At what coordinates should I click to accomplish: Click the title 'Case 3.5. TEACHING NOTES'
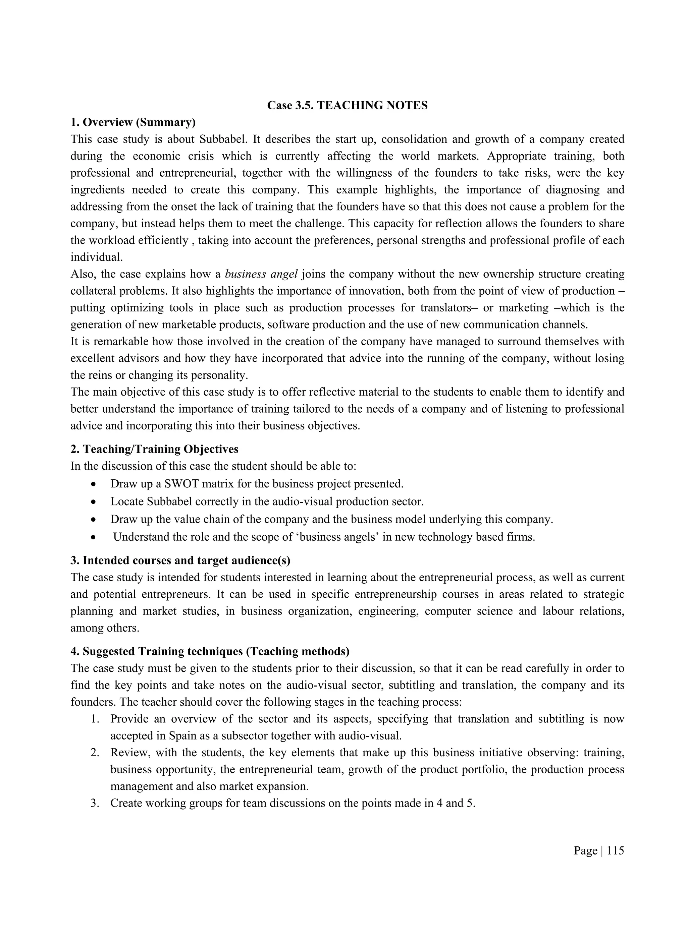coord(347,106)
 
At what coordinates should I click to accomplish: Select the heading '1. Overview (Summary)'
coord(133,122)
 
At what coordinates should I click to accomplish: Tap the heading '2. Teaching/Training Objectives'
coord(154,449)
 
